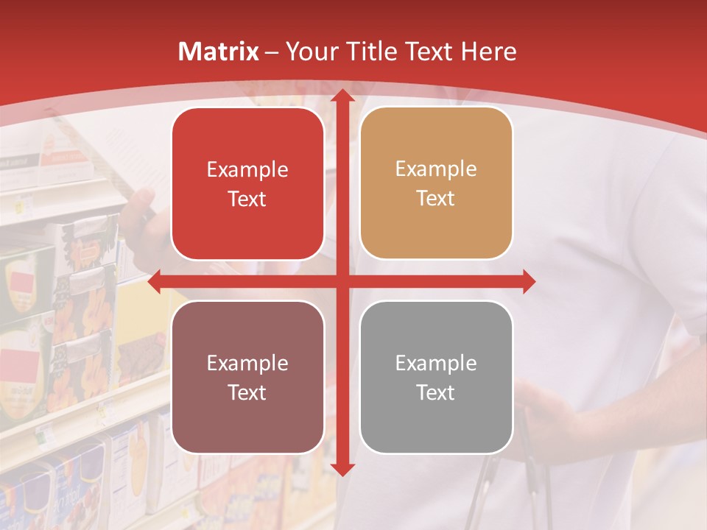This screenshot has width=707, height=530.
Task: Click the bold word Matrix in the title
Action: [x=219, y=52]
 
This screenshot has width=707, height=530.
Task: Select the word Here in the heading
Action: [x=489, y=52]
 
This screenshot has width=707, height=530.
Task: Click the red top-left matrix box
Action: [x=247, y=183]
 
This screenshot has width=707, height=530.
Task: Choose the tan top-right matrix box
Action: [x=436, y=183]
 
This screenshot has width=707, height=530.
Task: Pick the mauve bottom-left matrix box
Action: [x=247, y=377]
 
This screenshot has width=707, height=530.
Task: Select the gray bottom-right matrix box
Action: [x=436, y=377]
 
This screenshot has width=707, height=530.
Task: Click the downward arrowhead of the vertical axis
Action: [x=341, y=468]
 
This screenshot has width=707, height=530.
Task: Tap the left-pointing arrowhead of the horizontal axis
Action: [x=155, y=281]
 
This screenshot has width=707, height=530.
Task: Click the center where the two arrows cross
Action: [x=341, y=281]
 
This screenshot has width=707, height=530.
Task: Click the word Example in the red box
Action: [x=247, y=170]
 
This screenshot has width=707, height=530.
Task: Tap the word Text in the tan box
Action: [x=436, y=198]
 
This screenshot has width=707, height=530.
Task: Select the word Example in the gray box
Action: [x=436, y=363]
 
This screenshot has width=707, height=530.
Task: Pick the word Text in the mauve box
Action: [x=247, y=392]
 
